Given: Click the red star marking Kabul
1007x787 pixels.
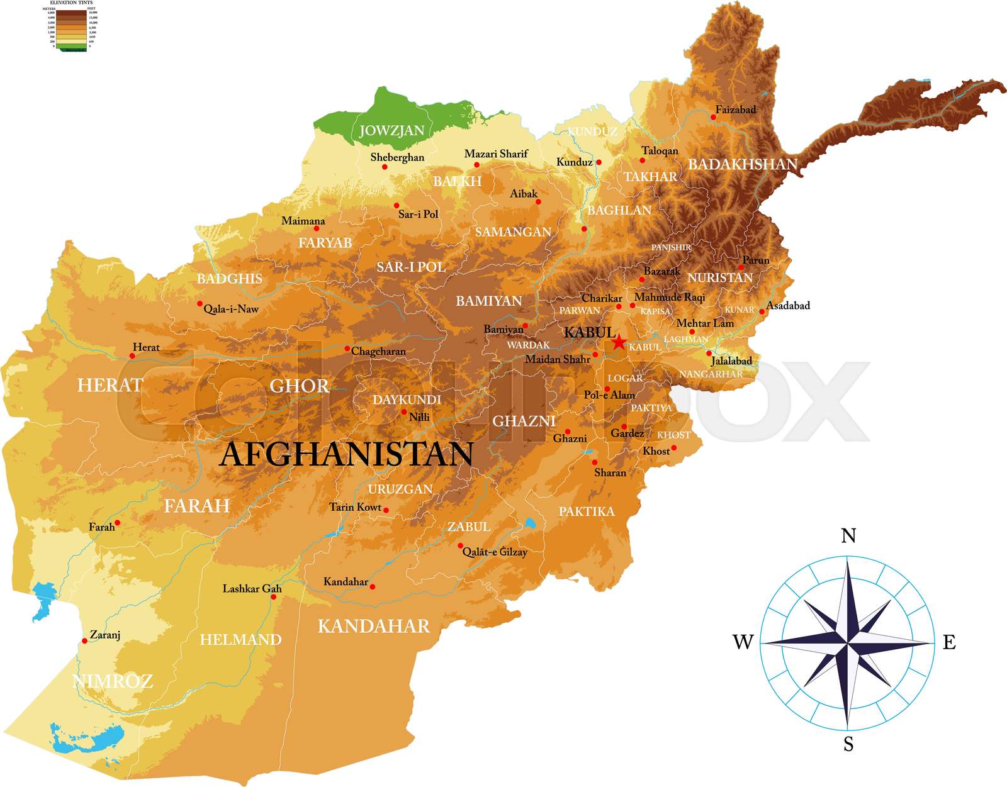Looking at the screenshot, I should click(619, 342).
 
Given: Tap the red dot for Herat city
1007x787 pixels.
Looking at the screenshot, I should click(132, 356).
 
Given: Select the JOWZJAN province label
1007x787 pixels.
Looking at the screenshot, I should click(391, 131).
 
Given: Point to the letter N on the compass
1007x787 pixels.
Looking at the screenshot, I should click(848, 535).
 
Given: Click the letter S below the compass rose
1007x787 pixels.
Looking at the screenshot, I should click(848, 745).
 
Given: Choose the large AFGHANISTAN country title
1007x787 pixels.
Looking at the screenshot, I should click(346, 454).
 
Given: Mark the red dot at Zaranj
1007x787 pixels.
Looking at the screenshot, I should click(84, 641).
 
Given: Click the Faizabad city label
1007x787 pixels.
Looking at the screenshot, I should click(736, 109).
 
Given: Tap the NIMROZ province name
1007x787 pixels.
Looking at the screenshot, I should click(113, 681).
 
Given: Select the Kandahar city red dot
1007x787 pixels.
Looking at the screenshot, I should click(373, 587).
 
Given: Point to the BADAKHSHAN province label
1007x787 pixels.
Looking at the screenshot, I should click(743, 165).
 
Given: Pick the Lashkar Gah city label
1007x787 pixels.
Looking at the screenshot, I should click(252, 589).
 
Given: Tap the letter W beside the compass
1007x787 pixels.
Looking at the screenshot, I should click(743, 642).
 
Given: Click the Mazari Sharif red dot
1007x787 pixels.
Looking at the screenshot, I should click(477, 165).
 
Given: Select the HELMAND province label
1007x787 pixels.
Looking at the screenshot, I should click(240, 640).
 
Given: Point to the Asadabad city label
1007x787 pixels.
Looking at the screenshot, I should click(788, 306).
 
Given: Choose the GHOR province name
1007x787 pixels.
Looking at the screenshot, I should click(300, 386).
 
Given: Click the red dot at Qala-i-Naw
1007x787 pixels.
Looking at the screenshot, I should click(200, 304).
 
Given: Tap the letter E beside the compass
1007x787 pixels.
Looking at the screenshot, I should click(949, 642).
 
